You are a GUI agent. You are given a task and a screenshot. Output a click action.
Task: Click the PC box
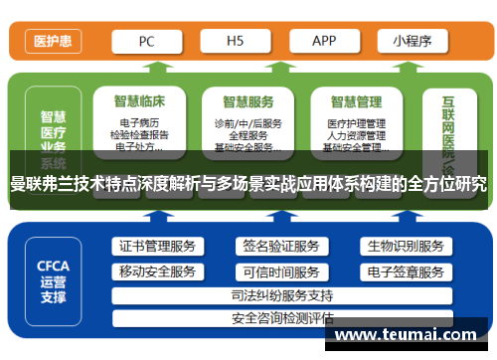(x=146, y=41)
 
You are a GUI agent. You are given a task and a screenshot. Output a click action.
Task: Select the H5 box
(x=236, y=41)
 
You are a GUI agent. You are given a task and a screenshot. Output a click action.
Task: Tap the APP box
(x=324, y=41)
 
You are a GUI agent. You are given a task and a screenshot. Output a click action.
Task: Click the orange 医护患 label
(x=52, y=41)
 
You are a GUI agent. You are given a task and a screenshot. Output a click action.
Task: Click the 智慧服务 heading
(x=248, y=101)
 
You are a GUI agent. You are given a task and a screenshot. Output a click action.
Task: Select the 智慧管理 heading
(x=356, y=101)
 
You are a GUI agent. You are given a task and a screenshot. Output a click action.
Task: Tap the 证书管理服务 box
(x=157, y=247)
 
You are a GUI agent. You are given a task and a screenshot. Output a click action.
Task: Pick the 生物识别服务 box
(x=405, y=247)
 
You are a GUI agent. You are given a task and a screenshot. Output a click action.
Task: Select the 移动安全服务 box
(x=157, y=271)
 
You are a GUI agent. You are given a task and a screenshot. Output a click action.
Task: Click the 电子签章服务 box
(x=405, y=271)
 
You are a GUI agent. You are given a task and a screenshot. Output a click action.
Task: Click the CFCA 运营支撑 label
(x=53, y=280)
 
